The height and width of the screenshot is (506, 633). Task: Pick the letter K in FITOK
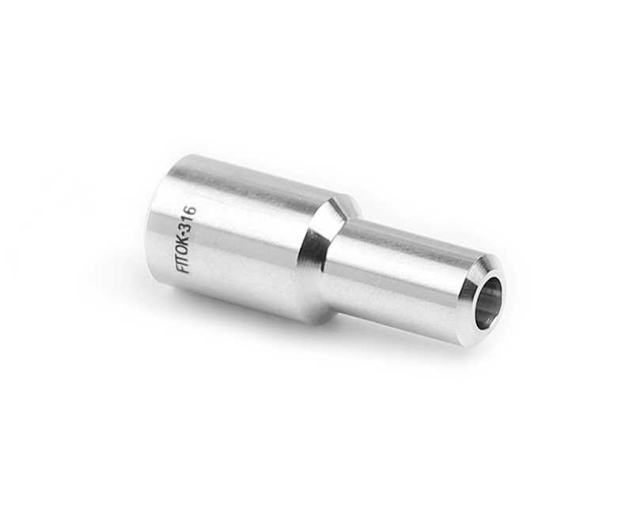pos(184,239)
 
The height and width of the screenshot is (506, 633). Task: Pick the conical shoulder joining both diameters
pos(324,253)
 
